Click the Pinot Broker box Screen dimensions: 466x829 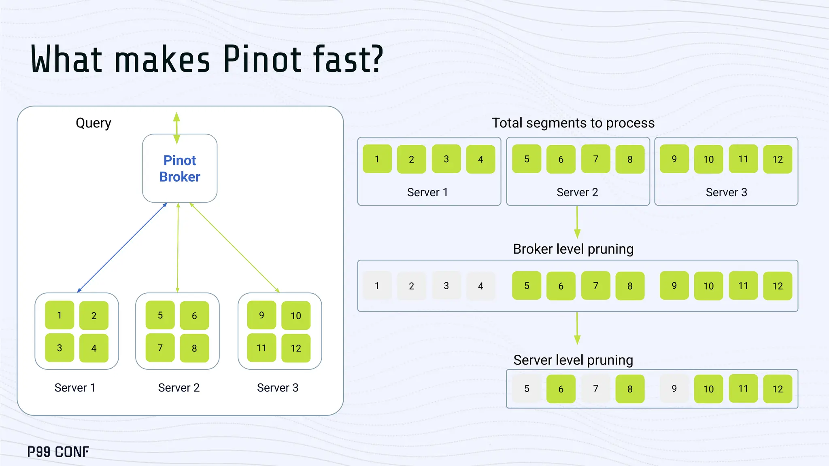[x=180, y=168]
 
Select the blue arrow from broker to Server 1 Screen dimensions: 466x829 [x=122, y=248]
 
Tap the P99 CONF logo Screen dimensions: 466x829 [x=58, y=451]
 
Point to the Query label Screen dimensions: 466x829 [x=94, y=123]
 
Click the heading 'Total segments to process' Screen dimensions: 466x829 [x=573, y=123]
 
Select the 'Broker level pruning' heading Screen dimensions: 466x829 [x=573, y=249]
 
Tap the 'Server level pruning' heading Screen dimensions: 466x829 [x=573, y=360]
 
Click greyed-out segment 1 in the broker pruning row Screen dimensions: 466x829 [x=377, y=286]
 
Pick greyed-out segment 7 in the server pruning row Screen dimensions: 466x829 [x=595, y=389]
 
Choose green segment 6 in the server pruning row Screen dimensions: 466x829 [x=561, y=389]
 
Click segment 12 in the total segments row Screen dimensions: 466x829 [x=778, y=159]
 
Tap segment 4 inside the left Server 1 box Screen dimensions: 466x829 [x=94, y=348]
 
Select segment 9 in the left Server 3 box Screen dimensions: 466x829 [x=261, y=315]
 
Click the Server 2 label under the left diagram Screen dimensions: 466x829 [x=179, y=388]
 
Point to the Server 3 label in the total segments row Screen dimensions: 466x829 [x=726, y=192]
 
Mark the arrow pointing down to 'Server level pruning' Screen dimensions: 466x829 [x=577, y=328]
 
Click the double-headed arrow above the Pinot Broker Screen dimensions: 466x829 [x=176, y=128]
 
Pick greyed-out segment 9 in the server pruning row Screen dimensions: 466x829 [x=674, y=389]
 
